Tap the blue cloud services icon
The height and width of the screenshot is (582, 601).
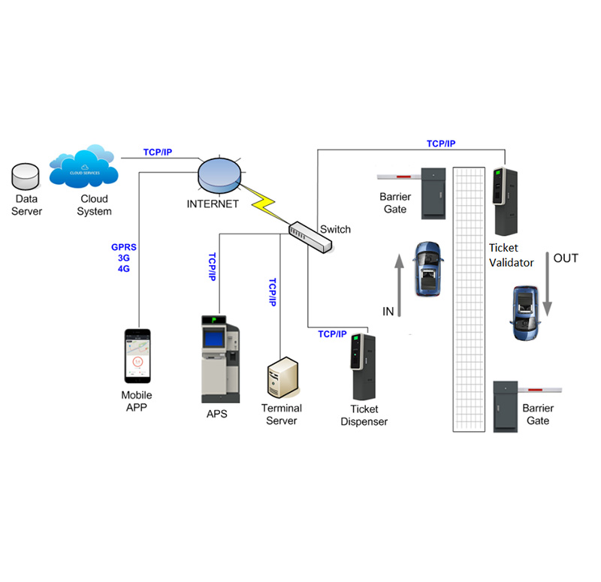coord(83,170)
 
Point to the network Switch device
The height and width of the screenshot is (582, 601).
coord(310,236)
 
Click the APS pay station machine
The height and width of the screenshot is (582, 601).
coord(220,359)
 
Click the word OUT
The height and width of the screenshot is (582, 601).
coord(566,258)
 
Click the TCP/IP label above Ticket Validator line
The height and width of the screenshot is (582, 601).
coord(441,143)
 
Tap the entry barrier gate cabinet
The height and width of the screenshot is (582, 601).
coord(434,193)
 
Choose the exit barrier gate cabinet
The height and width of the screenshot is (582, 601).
coord(505,408)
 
